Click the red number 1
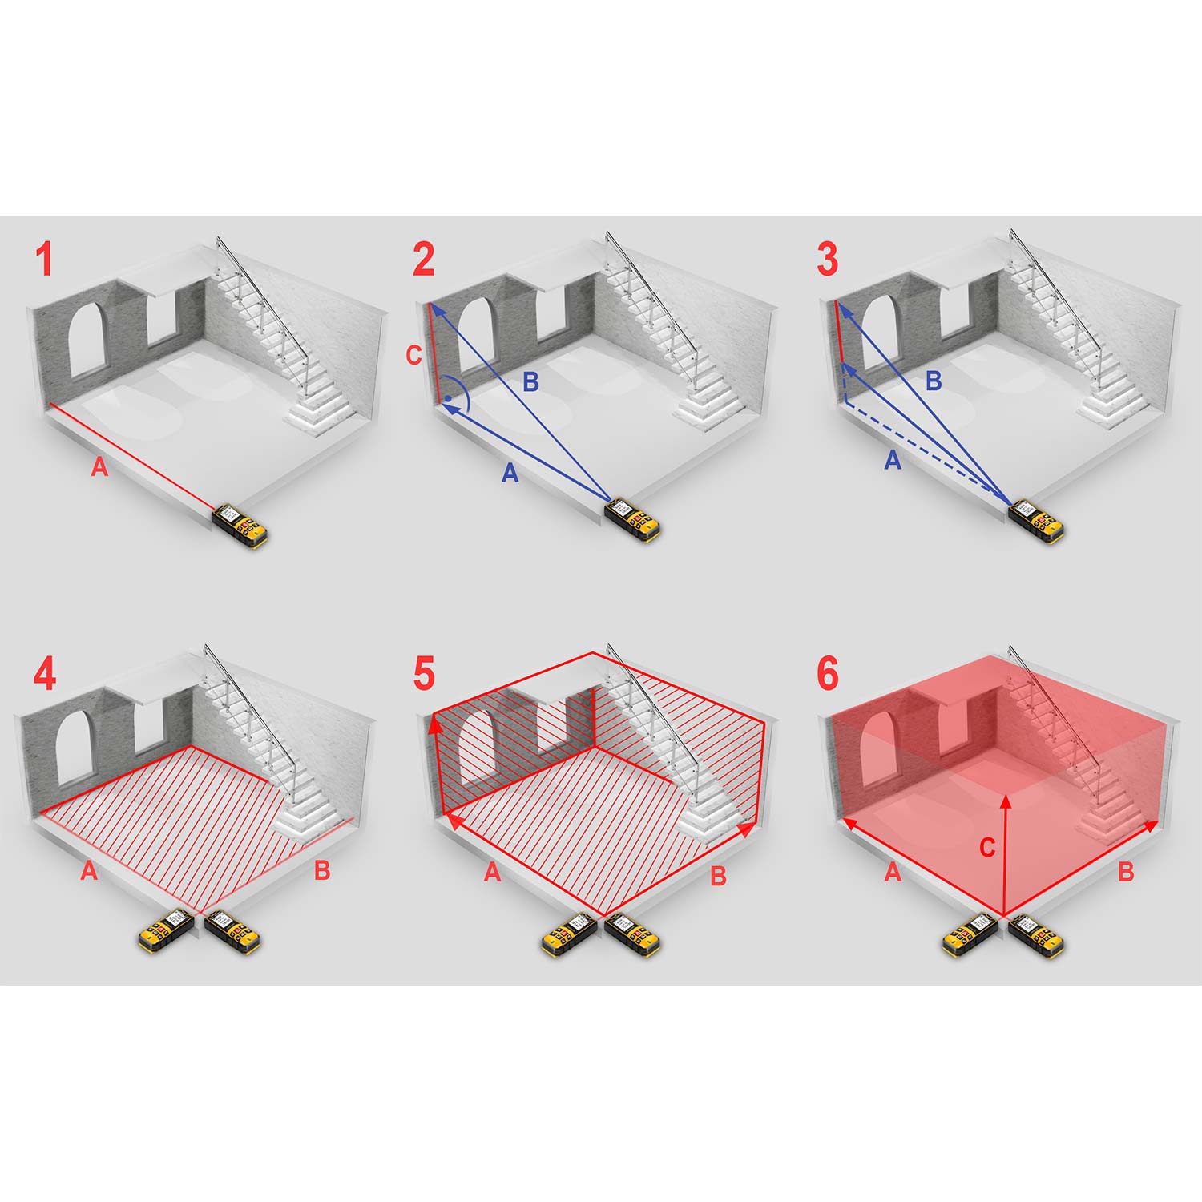point(45,260)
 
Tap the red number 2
point(424,260)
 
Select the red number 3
point(827,260)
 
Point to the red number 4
point(44,674)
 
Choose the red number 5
point(424,674)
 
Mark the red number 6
point(828,674)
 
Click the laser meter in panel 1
point(240,525)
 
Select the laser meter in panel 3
point(1037,522)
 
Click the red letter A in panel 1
point(99,466)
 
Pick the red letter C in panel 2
point(413,355)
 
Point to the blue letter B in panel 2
point(530,382)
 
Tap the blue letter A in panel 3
point(893,460)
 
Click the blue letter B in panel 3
point(934,381)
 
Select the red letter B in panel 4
point(322,871)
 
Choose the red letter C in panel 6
point(988,847)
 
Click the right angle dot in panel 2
point(449,397)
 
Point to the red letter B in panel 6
point(1126,872)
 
